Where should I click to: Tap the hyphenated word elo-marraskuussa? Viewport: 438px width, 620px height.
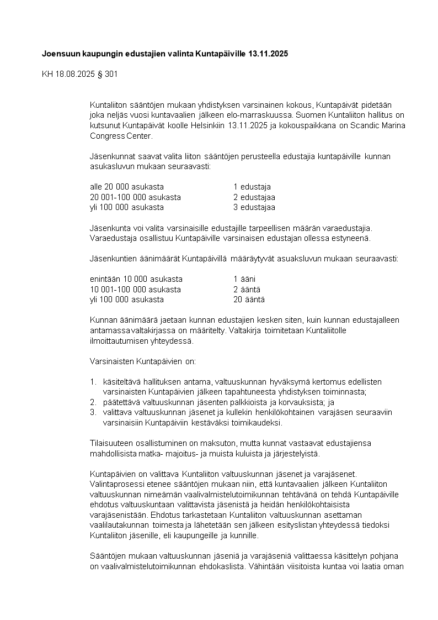pyautogui.click(x=262, y=115)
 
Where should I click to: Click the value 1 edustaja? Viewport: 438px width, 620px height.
pyautogui.click(x=252, y=187)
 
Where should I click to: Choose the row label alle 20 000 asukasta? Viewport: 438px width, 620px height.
pyautogui.click(x=126, y=187)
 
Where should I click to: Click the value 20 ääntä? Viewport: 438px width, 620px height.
pyautogui.click(x=249, y=300)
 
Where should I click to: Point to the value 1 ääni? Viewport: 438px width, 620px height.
pyautogui.click(x=244, y=279)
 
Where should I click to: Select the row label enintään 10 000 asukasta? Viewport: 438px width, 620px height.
pyautogui.click(x=136, y=279)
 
